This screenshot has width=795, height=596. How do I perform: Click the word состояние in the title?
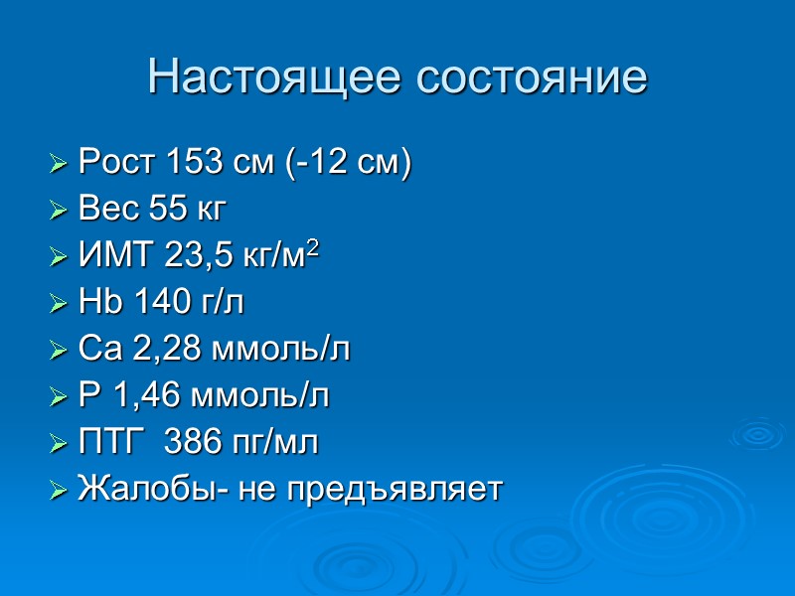tap(528, 76)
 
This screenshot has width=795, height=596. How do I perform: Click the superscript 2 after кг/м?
tap(314, 249)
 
